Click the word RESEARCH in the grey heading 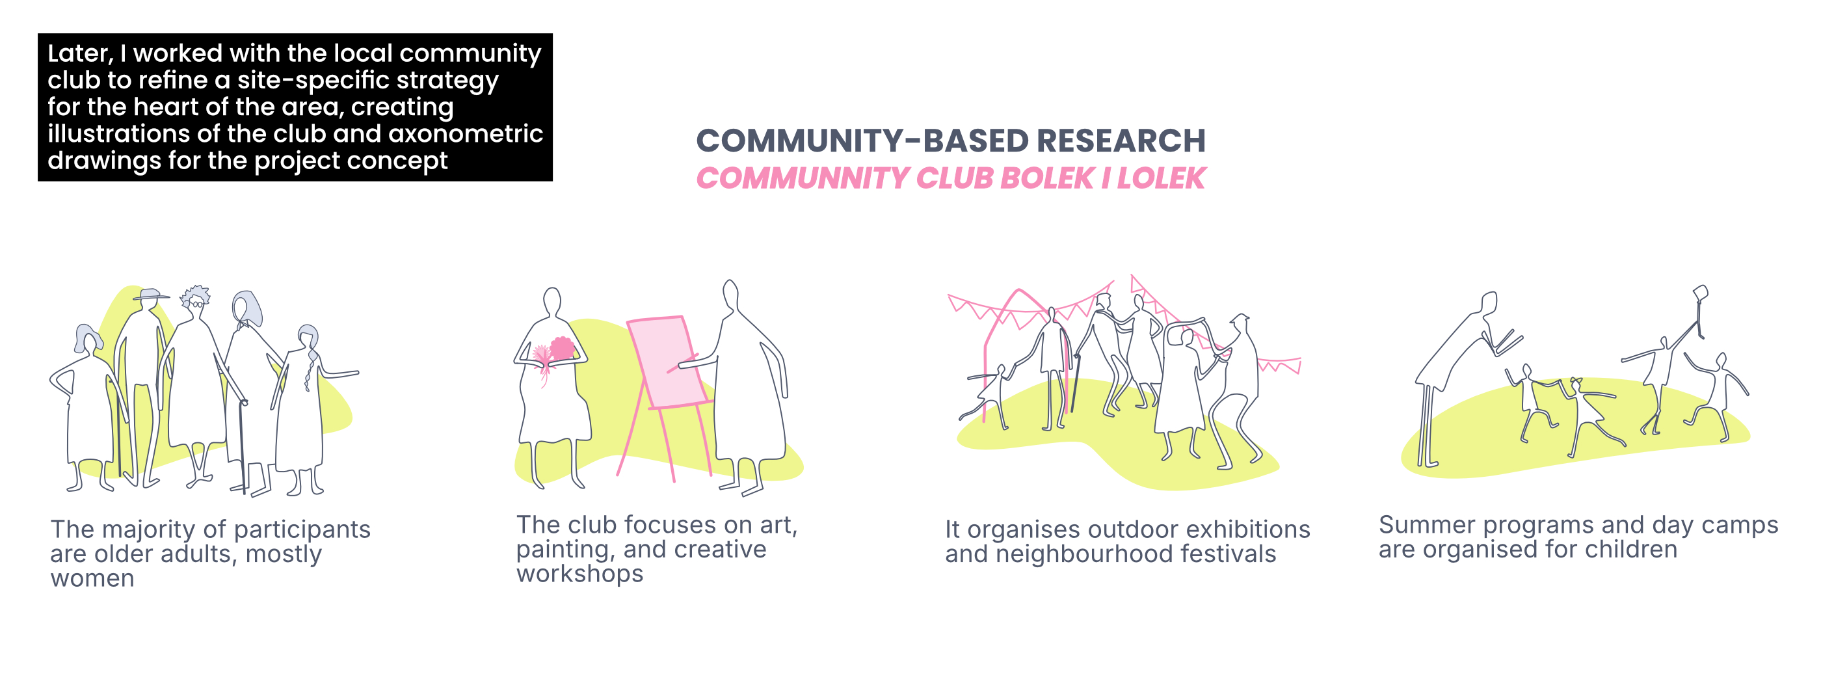point(1121,141)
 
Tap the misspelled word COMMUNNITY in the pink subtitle point(803,178)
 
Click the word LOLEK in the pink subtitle point(1161,178)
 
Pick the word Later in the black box point(80,54)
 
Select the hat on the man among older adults point(150,293)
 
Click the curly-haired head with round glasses point(196,300)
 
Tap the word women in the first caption point(92,578)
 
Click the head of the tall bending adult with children point(1489,303)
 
